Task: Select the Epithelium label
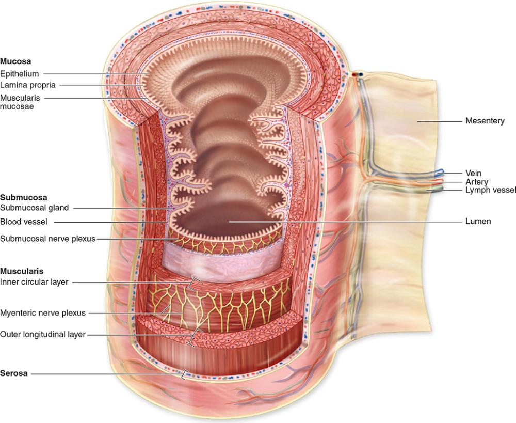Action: coord(20,73)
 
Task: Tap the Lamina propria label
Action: coord(28,85)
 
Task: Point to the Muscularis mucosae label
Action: coord(21,102)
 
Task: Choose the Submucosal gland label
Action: coord(35,208)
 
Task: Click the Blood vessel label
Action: coord(24,222)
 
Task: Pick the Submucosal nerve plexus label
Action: coord(48,239)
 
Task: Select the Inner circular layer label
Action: coord(34,282)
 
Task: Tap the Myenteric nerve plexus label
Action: coord(43,312)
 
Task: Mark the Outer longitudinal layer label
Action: coord(43,334)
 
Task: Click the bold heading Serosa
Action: coord(14,373)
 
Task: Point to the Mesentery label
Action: coord(485,121)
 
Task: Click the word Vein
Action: coord(473,173)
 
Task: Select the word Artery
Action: coord(476,182)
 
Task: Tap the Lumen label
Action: coord(478,221)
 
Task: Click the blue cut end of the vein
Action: coord(439,171)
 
